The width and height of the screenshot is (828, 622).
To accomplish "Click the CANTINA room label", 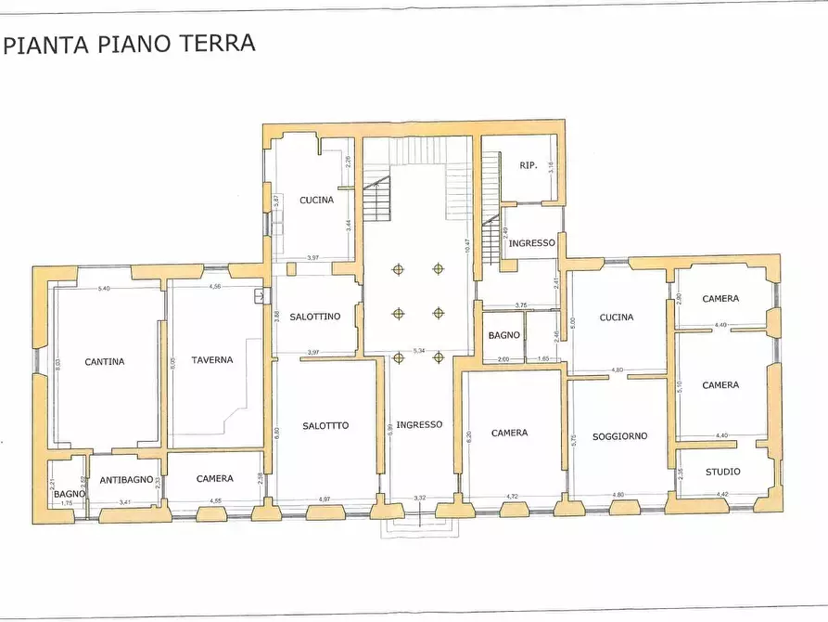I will click(x=104, y=362).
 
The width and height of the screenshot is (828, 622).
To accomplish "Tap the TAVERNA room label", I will click(x=212, y=359).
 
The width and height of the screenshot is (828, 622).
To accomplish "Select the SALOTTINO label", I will click(x=314, y=317).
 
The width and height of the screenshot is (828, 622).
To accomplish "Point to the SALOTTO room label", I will click(x=325, y=425).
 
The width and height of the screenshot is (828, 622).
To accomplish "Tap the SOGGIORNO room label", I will click(x=619, y=435).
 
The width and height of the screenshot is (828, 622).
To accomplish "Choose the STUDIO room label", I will click(x=723, y=472).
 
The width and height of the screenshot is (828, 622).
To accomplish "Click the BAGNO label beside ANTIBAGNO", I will click(x=69, y=493).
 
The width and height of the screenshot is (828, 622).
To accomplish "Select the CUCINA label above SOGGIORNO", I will click(x=617, y=317).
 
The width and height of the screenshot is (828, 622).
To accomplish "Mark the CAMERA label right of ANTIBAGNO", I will click(x=214, y=479).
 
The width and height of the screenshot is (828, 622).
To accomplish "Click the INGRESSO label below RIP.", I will click(x=531, y=243).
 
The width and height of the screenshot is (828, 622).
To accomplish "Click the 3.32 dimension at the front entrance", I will click(x=419, y=499).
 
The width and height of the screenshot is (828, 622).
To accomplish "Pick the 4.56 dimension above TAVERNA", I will click(x=215, y=287).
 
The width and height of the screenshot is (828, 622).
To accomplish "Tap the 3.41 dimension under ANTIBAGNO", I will click(x=124, y=502).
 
